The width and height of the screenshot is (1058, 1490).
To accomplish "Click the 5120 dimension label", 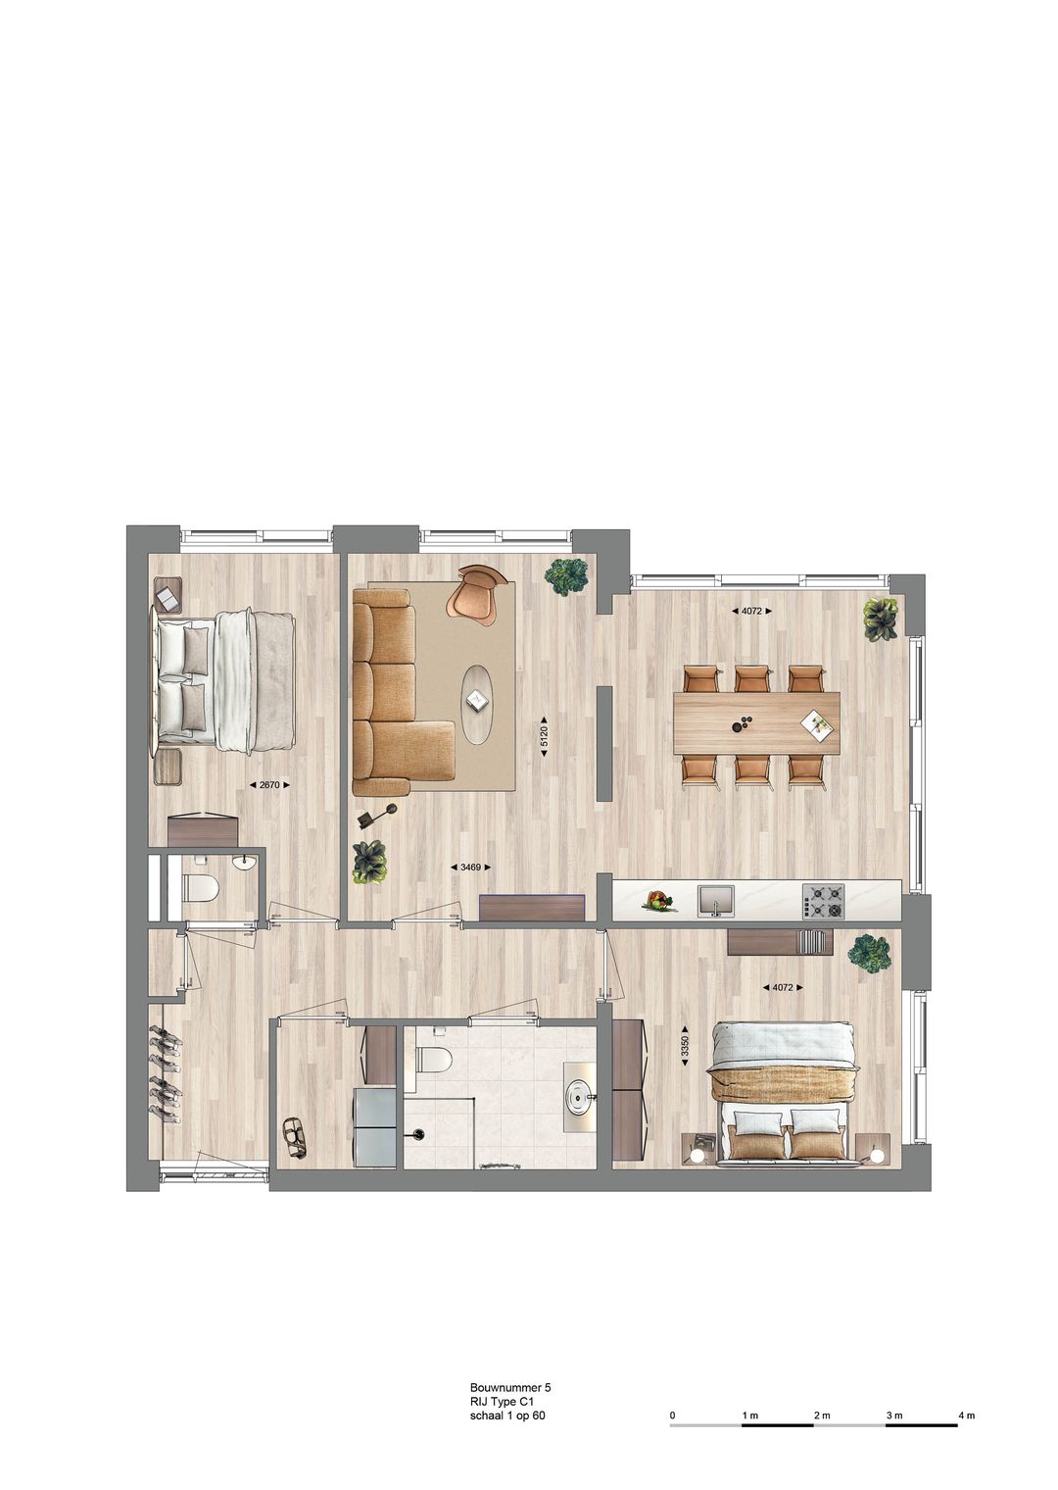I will [545, 736].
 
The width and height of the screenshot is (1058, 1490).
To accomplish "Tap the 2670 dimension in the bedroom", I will [270, 784].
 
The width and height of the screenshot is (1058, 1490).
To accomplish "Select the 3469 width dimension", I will [469, 867].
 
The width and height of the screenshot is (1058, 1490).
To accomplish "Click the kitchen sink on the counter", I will [715, 900].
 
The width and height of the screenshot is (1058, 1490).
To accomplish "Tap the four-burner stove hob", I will [823, 900].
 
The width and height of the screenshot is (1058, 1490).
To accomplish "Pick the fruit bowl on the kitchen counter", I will [658, 900].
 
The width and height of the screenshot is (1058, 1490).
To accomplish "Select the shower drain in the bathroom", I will [419, 1135].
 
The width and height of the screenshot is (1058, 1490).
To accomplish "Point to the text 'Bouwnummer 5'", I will [510, 1387].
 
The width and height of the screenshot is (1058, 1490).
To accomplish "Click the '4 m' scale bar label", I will [966, 1415].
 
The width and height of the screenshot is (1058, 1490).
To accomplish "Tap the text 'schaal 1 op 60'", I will [507, 1415].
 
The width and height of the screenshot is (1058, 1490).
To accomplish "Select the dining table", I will [756, 724].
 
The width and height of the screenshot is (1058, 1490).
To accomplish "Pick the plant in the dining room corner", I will [880, 619].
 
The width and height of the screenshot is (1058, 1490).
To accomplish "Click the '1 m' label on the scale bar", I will [750, 1415].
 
